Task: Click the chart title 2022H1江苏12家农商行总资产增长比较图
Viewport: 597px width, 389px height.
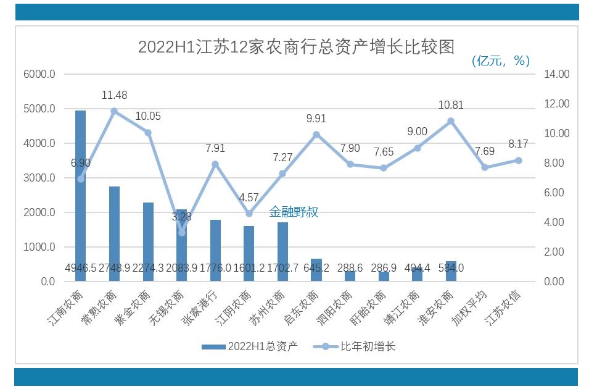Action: (x=296, y=47)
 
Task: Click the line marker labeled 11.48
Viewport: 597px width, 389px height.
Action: (x=114, y=111)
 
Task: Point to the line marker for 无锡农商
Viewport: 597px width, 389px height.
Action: (x=181, y=233)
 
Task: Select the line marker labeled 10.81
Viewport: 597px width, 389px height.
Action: (x=451, y=121)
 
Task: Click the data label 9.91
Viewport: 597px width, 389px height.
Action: (x=316, y=119)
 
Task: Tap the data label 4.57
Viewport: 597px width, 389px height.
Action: (x=249, y=198)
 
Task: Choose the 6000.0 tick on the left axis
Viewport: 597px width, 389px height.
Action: (x=40, y=74)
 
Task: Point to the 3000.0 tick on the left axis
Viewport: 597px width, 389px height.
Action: (x=40, y=178)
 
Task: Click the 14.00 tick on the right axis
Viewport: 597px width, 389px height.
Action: (x=556, y=74)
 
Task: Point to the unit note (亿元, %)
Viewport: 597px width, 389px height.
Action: (x=500, y=61)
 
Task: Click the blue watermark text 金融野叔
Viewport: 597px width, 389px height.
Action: (x=294, y=212)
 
